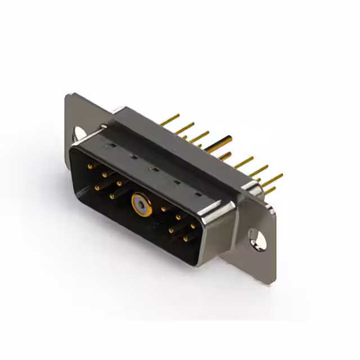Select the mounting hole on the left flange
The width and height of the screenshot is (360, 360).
point(79,133)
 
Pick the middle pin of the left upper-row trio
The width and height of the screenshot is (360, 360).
point(105,174)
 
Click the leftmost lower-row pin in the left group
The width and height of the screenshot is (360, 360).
point(98,187)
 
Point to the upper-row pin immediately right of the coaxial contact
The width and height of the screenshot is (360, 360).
point(164,209)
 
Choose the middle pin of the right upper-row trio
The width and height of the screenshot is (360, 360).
point(178,217)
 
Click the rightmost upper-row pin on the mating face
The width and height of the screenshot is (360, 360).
point(192,226)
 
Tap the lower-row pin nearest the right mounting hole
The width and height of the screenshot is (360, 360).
point(186,238)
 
